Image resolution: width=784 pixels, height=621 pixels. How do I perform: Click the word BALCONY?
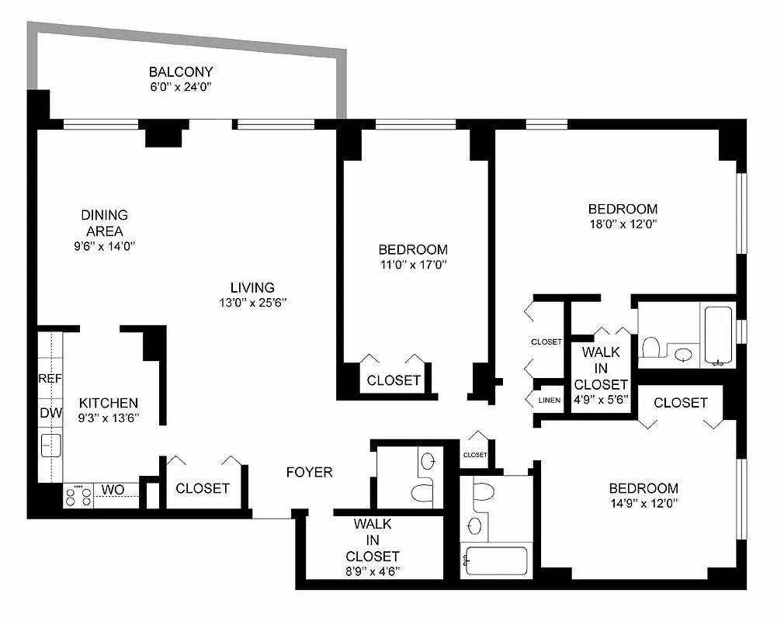181,72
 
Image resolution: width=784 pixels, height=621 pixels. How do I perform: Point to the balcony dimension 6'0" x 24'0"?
181,87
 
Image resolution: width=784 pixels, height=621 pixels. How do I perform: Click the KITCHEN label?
109,403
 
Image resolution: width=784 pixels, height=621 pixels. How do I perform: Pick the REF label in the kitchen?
50,379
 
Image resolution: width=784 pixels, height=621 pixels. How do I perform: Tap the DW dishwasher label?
50,413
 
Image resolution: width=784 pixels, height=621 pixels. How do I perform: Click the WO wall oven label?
112,490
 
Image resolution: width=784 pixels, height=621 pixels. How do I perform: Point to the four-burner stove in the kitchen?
78,496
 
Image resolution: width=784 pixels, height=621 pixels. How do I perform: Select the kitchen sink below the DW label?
51,446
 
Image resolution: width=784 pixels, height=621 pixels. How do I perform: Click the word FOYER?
309,472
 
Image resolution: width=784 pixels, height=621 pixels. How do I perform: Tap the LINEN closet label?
549,401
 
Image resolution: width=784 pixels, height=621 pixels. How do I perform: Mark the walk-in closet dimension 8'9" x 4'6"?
373,572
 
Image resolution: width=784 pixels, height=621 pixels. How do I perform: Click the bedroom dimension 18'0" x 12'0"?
623,224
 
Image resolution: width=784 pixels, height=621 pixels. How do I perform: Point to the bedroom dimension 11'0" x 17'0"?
413,265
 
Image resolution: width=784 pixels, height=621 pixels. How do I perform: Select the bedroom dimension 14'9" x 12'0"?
644,503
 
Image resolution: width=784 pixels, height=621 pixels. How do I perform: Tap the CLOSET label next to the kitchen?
203,488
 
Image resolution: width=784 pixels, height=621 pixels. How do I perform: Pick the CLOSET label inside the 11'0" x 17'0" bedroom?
394,380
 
